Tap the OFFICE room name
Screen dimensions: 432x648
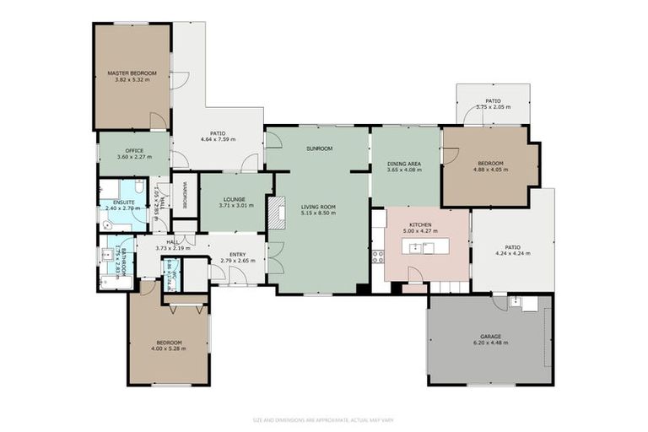[134, 150]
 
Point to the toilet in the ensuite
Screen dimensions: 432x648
[138, 188]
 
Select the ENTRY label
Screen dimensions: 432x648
[237, 254]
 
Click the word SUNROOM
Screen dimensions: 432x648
[319, 148]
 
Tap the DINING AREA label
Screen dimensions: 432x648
[404, 163]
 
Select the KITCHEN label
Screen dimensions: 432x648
[421, 224]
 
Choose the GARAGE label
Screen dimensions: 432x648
[490, 336]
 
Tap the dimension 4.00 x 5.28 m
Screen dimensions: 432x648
[168, 348]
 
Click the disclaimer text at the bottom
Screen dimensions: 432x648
[324, 419]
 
